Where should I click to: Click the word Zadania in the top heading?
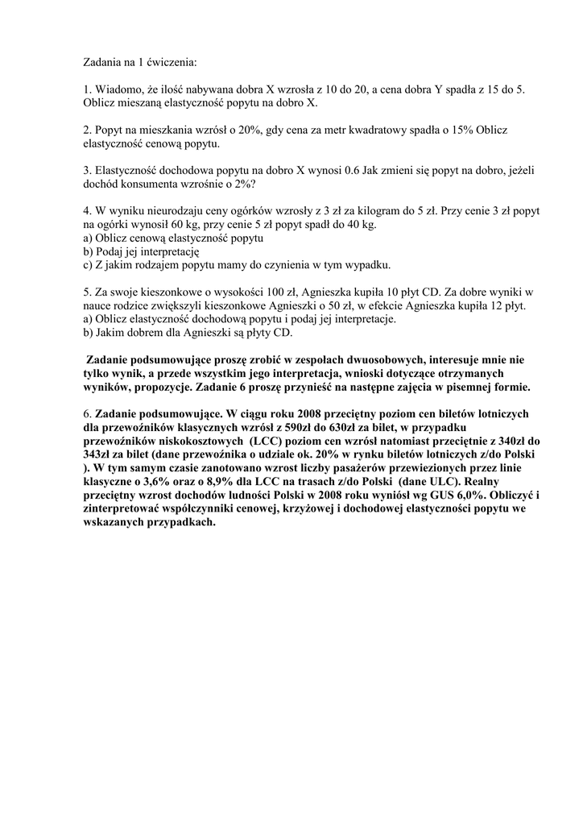(x=105, y=61)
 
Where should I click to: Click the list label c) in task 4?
(x=88, y=265)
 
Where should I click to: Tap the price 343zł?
(x=101, y=455)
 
